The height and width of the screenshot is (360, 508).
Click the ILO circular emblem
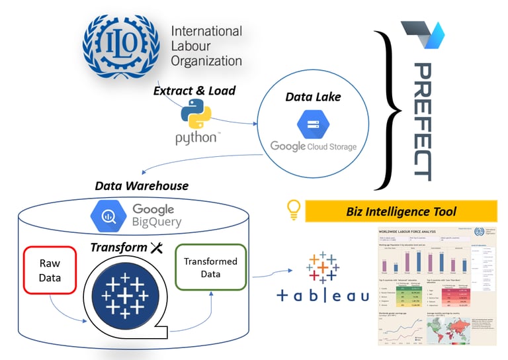121,46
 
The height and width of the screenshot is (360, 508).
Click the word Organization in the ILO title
206,61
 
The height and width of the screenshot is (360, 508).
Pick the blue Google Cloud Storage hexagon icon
312,124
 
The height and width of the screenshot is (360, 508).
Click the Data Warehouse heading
142,186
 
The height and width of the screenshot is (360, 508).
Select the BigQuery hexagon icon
110,214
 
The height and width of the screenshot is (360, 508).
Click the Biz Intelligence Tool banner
401,212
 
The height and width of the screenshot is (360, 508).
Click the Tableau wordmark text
323,296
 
